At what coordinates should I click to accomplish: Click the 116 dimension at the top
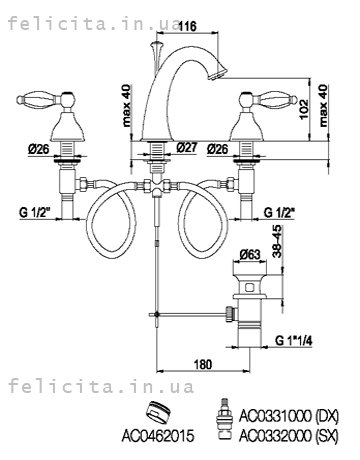tap(187, 26)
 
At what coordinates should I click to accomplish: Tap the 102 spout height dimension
tap(304, 109)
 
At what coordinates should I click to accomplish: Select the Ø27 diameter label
tap(186, 147)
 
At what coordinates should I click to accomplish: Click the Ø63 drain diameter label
tap(249, 255)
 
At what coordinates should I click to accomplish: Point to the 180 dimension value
tap(203, 364)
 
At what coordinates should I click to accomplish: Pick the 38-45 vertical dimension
tap(277, 241)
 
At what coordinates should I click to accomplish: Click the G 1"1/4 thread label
tap(294, 340)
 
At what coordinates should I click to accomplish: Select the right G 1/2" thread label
tap(280, 212)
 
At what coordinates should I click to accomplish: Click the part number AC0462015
tap(158, 435)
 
